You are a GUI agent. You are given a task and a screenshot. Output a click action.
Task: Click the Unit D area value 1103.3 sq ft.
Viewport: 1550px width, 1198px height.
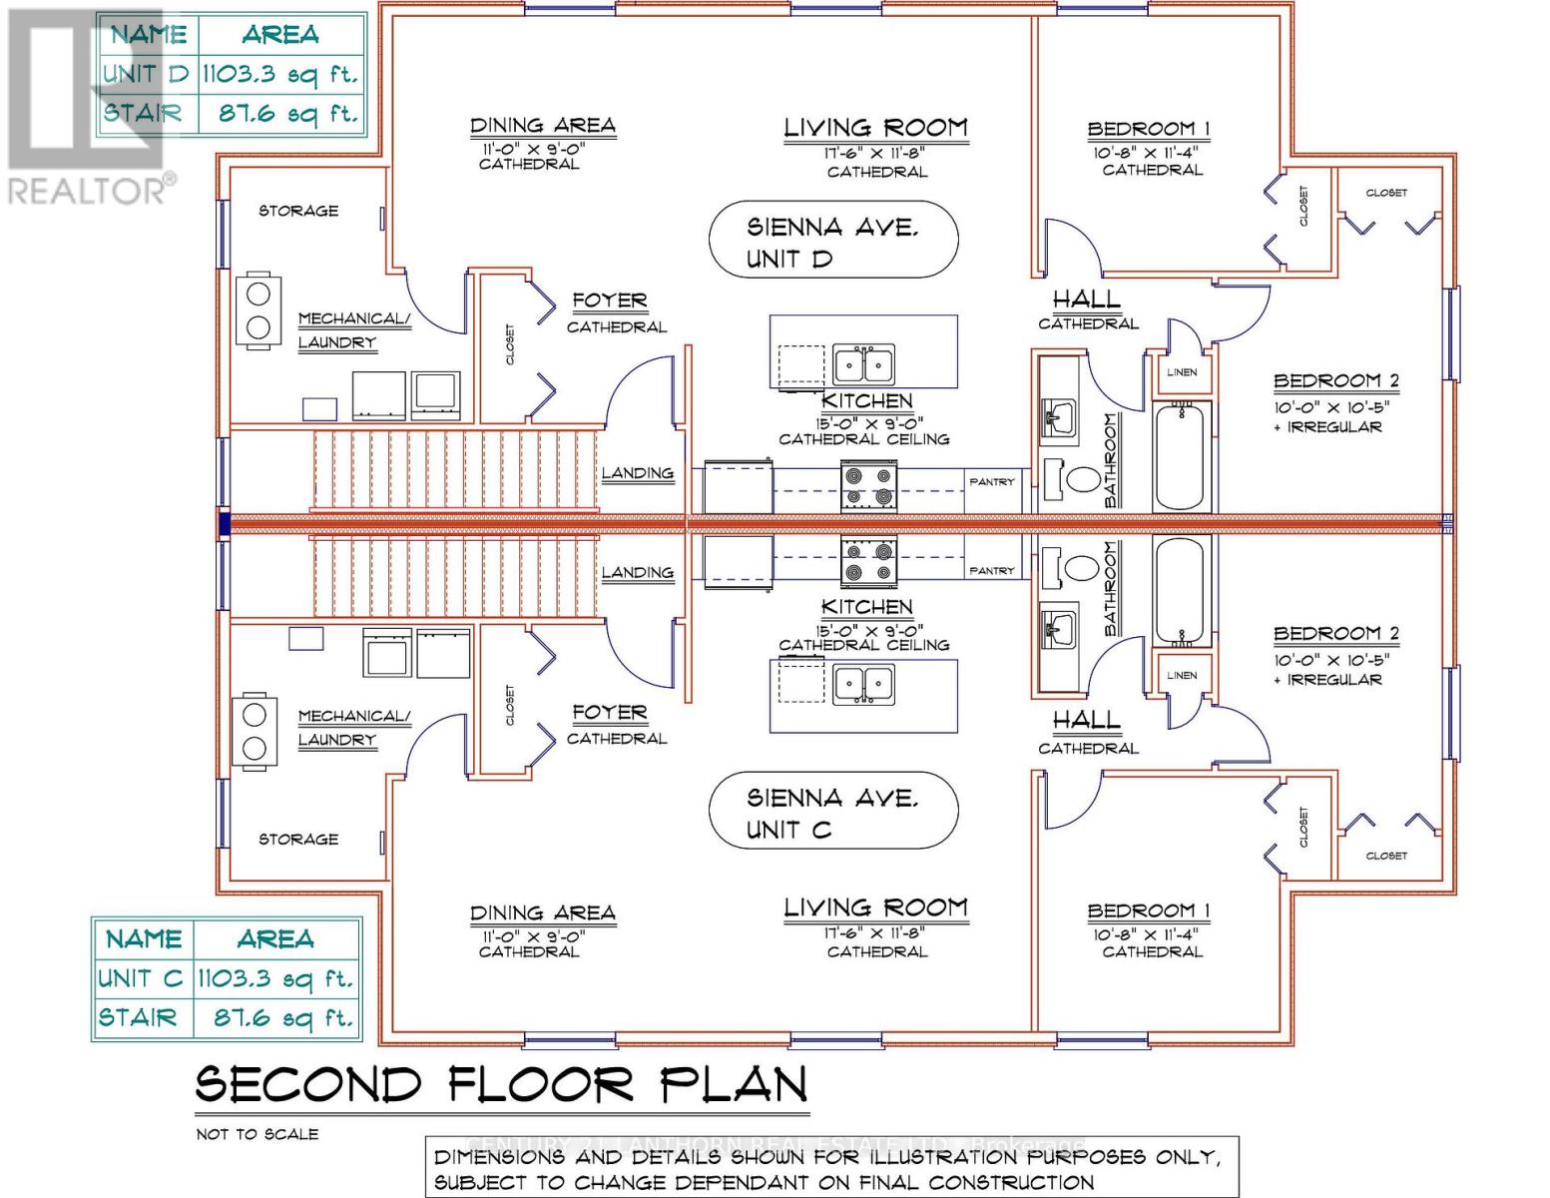click(279, 73)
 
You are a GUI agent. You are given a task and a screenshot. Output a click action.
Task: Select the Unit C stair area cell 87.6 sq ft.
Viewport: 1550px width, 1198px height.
click(283, 1018)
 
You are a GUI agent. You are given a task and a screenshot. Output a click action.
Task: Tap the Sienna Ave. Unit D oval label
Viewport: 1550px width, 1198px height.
click(832, 242)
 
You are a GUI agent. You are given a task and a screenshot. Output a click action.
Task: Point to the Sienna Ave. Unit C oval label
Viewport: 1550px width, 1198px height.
click(832, 813)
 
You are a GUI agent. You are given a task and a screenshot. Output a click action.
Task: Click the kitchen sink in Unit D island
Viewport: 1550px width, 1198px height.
click(863, 364)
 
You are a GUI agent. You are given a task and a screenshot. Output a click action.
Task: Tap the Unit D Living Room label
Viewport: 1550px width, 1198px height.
click(875, 128)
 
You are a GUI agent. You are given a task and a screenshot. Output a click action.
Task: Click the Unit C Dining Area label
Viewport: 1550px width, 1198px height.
click(542, 912)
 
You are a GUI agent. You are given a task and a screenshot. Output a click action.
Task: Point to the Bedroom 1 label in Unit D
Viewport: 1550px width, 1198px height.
click(1149, 129)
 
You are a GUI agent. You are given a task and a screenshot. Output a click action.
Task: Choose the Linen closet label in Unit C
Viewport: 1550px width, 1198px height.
click(1182, 675)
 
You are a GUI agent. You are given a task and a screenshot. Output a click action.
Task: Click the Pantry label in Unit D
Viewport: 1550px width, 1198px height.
click(992, 481)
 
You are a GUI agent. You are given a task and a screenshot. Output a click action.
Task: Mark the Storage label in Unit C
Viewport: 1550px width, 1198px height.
click(298, 839)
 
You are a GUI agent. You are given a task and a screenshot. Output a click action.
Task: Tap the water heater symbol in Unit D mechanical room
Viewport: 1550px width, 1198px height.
click(258, 310)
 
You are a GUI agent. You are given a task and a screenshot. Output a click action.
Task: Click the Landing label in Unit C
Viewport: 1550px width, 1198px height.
click(637, 572)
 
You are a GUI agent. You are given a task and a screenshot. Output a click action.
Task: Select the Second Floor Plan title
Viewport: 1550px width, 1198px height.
click(501, 1084)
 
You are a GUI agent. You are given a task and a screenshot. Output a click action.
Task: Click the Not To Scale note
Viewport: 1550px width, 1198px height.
click(258, 1133)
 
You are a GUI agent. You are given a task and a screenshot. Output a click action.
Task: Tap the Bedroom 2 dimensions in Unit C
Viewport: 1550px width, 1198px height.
click(1331, 660)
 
